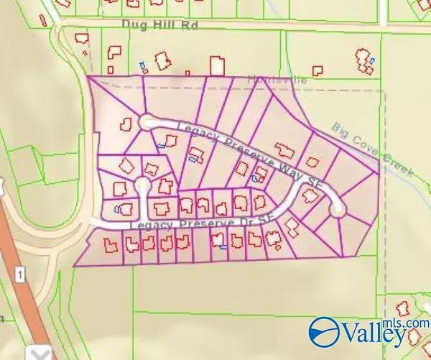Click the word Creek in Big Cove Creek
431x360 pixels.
(x=397, y=167)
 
